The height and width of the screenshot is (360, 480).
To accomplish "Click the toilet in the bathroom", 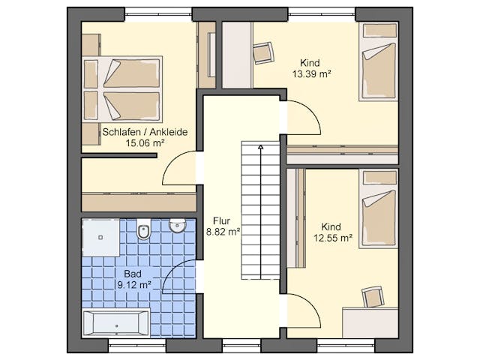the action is (143, 229).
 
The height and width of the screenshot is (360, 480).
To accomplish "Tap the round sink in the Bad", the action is (177, 226).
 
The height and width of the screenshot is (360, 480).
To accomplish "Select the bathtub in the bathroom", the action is (116, 323).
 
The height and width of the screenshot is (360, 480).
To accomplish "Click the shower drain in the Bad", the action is (100, 237).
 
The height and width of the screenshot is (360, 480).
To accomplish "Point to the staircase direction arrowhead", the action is (260, 147).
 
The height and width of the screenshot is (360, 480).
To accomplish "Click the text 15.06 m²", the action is (145, 142).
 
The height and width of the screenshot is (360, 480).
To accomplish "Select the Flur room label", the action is (221, 220).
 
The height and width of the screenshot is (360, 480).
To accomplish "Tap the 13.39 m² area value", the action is (312, 73).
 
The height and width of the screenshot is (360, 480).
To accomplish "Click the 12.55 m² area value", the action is (333, 238).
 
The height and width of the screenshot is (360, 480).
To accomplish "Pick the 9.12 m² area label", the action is (134, 285).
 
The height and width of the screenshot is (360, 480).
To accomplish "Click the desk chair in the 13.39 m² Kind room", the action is (263, 52).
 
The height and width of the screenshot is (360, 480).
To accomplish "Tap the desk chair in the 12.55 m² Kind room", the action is (373, 297).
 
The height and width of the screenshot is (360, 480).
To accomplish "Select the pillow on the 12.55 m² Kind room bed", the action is (379, 178).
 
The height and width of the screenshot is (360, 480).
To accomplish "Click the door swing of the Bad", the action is (178, 276).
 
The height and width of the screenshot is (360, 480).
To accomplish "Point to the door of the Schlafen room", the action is (178, 168).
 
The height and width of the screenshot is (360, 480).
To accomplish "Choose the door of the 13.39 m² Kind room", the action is (304, 118).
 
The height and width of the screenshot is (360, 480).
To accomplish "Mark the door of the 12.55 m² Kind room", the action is (304, 310).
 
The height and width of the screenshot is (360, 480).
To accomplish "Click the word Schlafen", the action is (121, 132).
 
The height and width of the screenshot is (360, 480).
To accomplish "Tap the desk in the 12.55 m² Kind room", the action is (370, 322).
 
